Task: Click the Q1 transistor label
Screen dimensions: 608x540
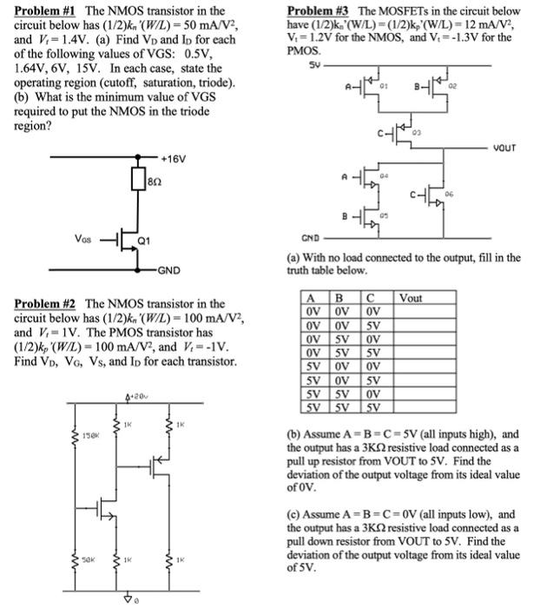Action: pos(149,239)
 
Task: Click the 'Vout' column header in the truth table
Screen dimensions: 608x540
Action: pos(411,298)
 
